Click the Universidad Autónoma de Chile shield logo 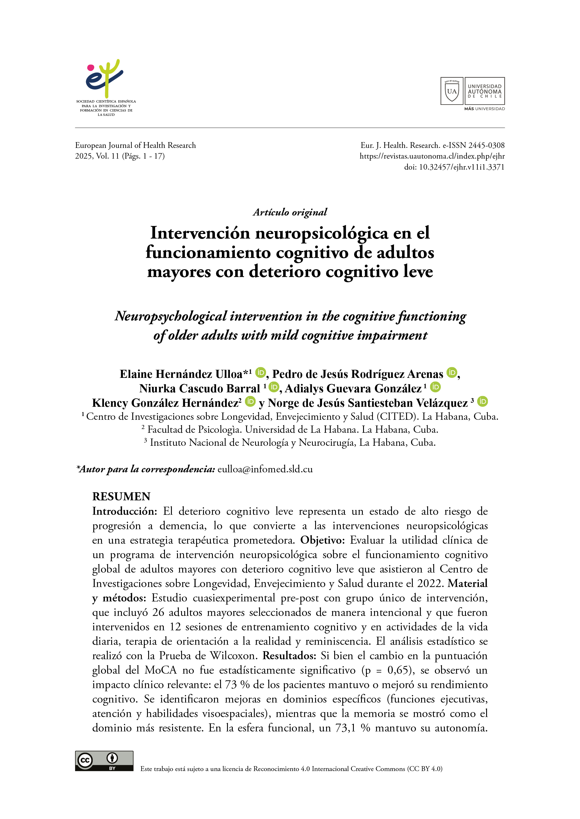point(452,91)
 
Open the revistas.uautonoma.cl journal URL point(432,156)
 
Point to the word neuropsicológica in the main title point(321,233)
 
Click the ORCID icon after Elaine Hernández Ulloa point(261,373)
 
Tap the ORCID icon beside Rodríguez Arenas point(452,373)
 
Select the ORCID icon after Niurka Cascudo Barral point(274,387)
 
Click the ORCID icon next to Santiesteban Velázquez point(482,402)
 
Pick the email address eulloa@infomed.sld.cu point(265,469)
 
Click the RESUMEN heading point(121,497)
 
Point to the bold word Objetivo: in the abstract point(323,540)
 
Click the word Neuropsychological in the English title point(171,316)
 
